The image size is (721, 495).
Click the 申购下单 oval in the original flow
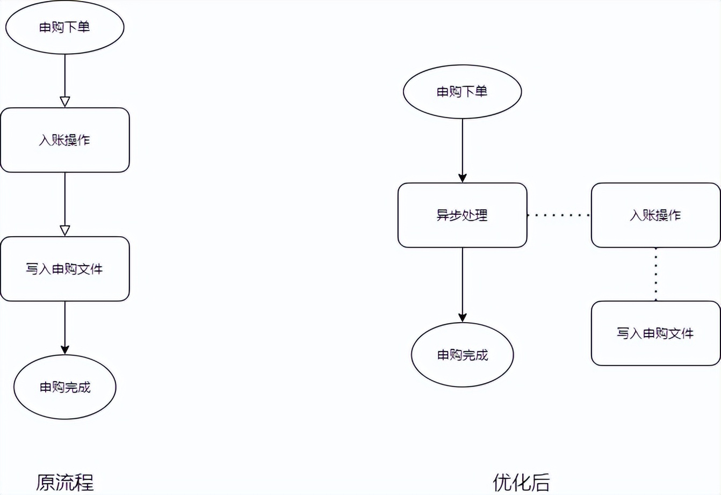[x=64, y=27]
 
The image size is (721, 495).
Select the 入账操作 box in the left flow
[x=64, y=140]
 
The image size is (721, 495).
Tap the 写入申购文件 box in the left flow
[x=64, y=269]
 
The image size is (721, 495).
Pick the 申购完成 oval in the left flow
[x=64, y=387]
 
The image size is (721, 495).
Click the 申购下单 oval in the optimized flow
[x=462, y=92]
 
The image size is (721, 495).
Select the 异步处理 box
[x=462, y=215]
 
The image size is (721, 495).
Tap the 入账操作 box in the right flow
[x=655, y=215]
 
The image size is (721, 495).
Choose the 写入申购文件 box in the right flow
[x=655, y=333]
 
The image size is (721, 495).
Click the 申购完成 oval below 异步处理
[x=462, y=355]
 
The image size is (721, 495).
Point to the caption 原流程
[x=64, y=482]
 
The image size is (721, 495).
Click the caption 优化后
[x=521, y=482]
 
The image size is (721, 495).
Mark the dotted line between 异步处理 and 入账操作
[x=559, y=215]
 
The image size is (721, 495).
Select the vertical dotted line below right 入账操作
[x=655, y=274]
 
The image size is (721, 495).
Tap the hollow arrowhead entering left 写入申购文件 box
[x=65, y=231]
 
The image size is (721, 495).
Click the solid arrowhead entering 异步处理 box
[x=463, y=178]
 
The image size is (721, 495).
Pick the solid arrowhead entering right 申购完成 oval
[x=463, y=318]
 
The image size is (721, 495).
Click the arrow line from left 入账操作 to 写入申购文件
[x=65, y=199]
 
